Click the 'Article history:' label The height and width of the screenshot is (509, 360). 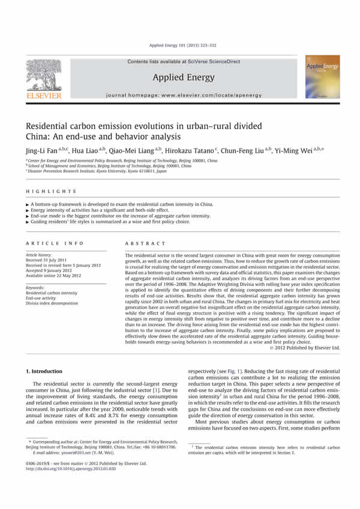(41, 255)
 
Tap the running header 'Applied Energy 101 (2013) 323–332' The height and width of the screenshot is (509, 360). (180, 45)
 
